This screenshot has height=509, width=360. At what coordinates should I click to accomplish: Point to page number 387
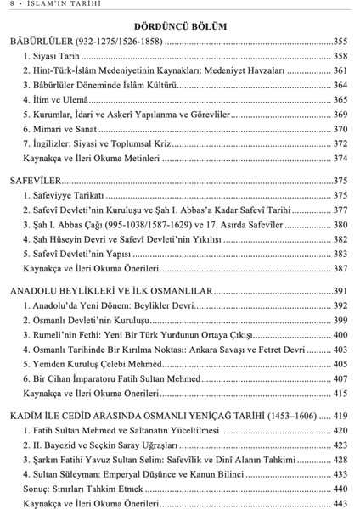pos(339,268)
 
